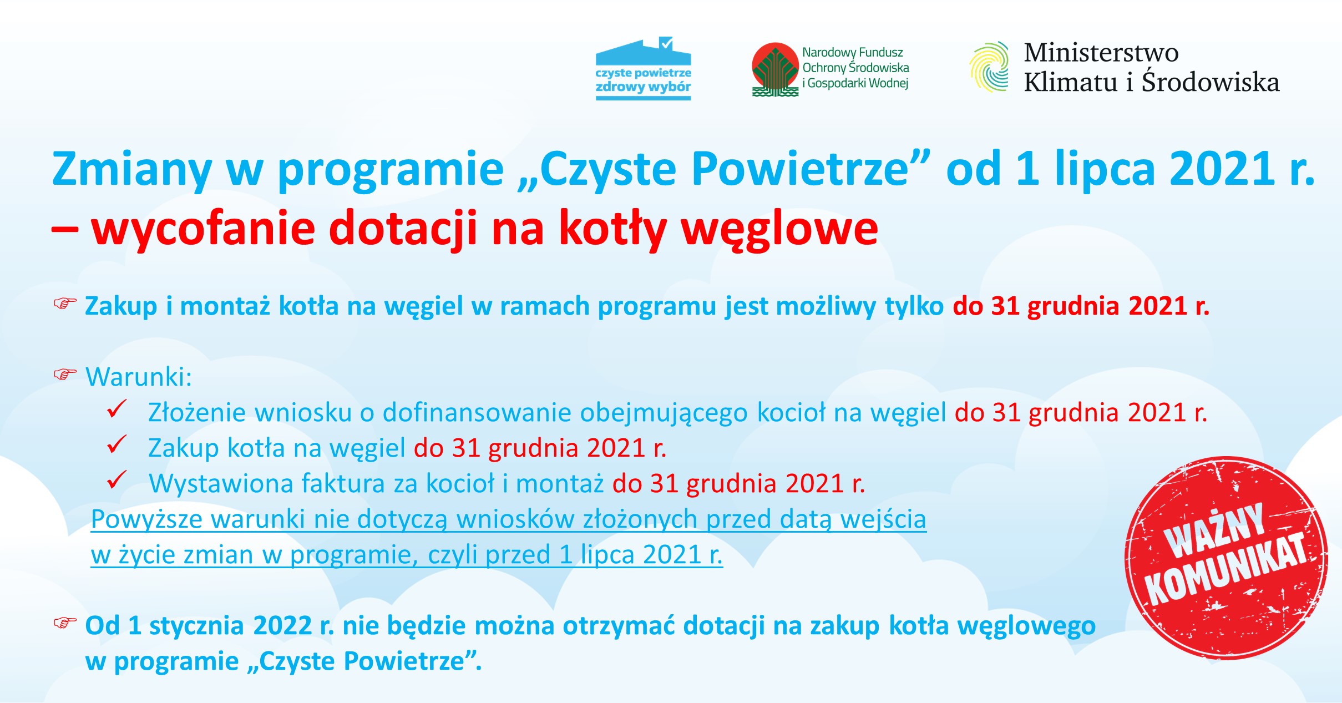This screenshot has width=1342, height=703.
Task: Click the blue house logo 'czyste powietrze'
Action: (643, 69)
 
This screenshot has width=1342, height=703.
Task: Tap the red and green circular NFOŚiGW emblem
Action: (775, 69)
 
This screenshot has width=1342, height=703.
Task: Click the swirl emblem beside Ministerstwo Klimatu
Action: (989, 67)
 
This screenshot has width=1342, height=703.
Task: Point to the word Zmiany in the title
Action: (131, 169)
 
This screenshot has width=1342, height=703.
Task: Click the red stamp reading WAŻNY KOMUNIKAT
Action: (1226, 558)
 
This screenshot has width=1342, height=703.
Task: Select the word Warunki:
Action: (139, 377)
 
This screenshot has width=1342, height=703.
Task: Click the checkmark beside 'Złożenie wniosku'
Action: (117, 410)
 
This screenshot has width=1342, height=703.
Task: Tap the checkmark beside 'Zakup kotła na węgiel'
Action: (117, 445)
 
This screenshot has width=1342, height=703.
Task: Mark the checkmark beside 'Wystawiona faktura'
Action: (117, 481)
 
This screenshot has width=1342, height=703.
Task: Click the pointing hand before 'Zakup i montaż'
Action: (64, 304)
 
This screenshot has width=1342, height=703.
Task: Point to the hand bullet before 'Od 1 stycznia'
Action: (64, 623)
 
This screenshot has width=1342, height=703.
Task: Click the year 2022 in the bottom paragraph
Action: (282, 626)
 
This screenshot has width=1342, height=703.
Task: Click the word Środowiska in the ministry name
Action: (1211, 82)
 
